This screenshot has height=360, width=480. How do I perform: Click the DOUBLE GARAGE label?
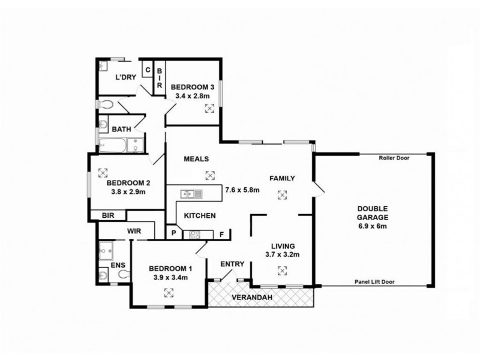[x=371, y=213]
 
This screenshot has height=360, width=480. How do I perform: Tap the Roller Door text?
[x=393, y=158]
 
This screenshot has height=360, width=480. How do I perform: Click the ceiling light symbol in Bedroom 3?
[x=209, y=109]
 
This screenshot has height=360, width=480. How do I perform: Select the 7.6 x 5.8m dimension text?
[x=242, y=190]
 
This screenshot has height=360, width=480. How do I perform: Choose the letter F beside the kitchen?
[x=221, y=234]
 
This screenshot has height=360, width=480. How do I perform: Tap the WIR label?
[x=134, y=230]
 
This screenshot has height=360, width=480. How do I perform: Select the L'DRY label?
[x=125, y=77]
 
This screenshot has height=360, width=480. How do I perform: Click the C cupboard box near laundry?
[x=147, y=68]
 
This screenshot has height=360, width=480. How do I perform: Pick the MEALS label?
[x=196, y=159]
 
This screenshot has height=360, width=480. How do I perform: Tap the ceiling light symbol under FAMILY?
[x=281, y=194]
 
